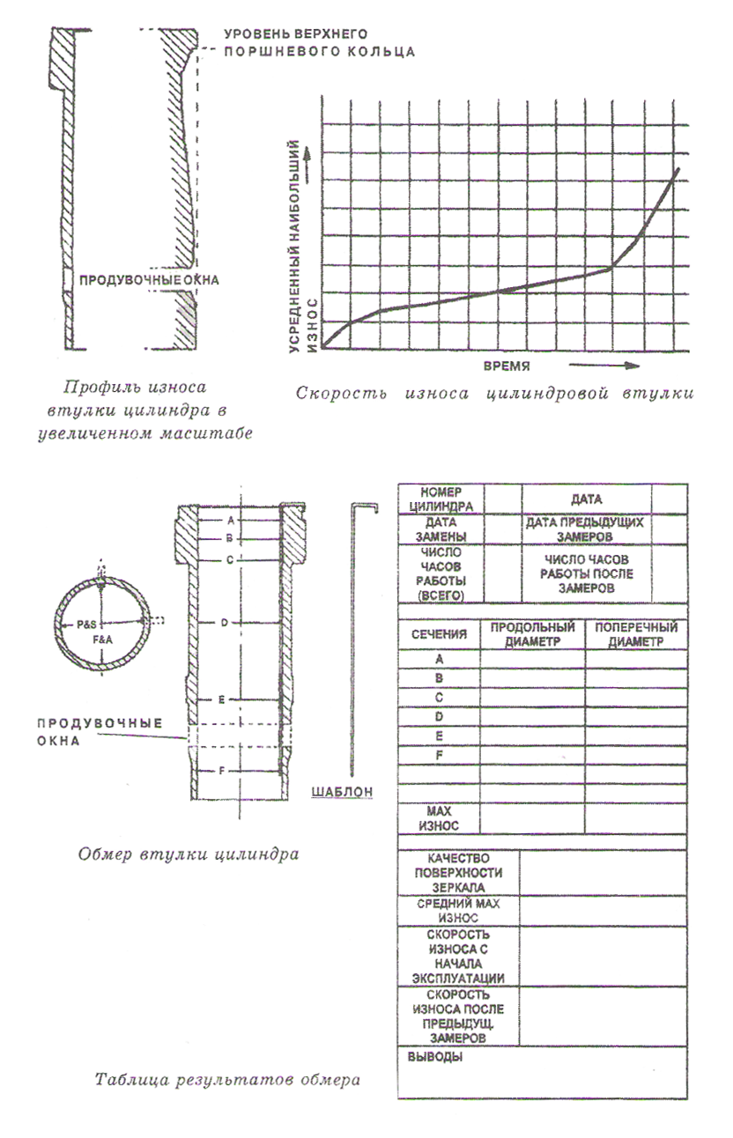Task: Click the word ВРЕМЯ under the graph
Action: (x=510, y=363)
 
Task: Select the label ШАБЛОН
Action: (x=342, y=791)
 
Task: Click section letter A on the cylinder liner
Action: (x=227, y=521)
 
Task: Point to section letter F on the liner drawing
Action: (x=223, y=771)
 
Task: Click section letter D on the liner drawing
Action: (x=225, y=623)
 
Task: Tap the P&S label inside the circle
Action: (x=87, y=624)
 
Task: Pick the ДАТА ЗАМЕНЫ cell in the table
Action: (x=441, y=528)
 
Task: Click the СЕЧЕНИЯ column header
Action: (x=439, y=634)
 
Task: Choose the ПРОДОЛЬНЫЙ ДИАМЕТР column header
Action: (x=532, y=634)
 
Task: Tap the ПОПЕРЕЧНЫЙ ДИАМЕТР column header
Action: (x=636, y=634)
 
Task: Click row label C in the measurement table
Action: (x=439, y=697)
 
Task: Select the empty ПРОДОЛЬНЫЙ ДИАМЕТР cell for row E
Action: (x=532, y=735)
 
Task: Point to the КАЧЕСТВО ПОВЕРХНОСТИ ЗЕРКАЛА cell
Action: (x=458, y=873)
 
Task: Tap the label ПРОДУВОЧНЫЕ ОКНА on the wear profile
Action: (x=148, y=280)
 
